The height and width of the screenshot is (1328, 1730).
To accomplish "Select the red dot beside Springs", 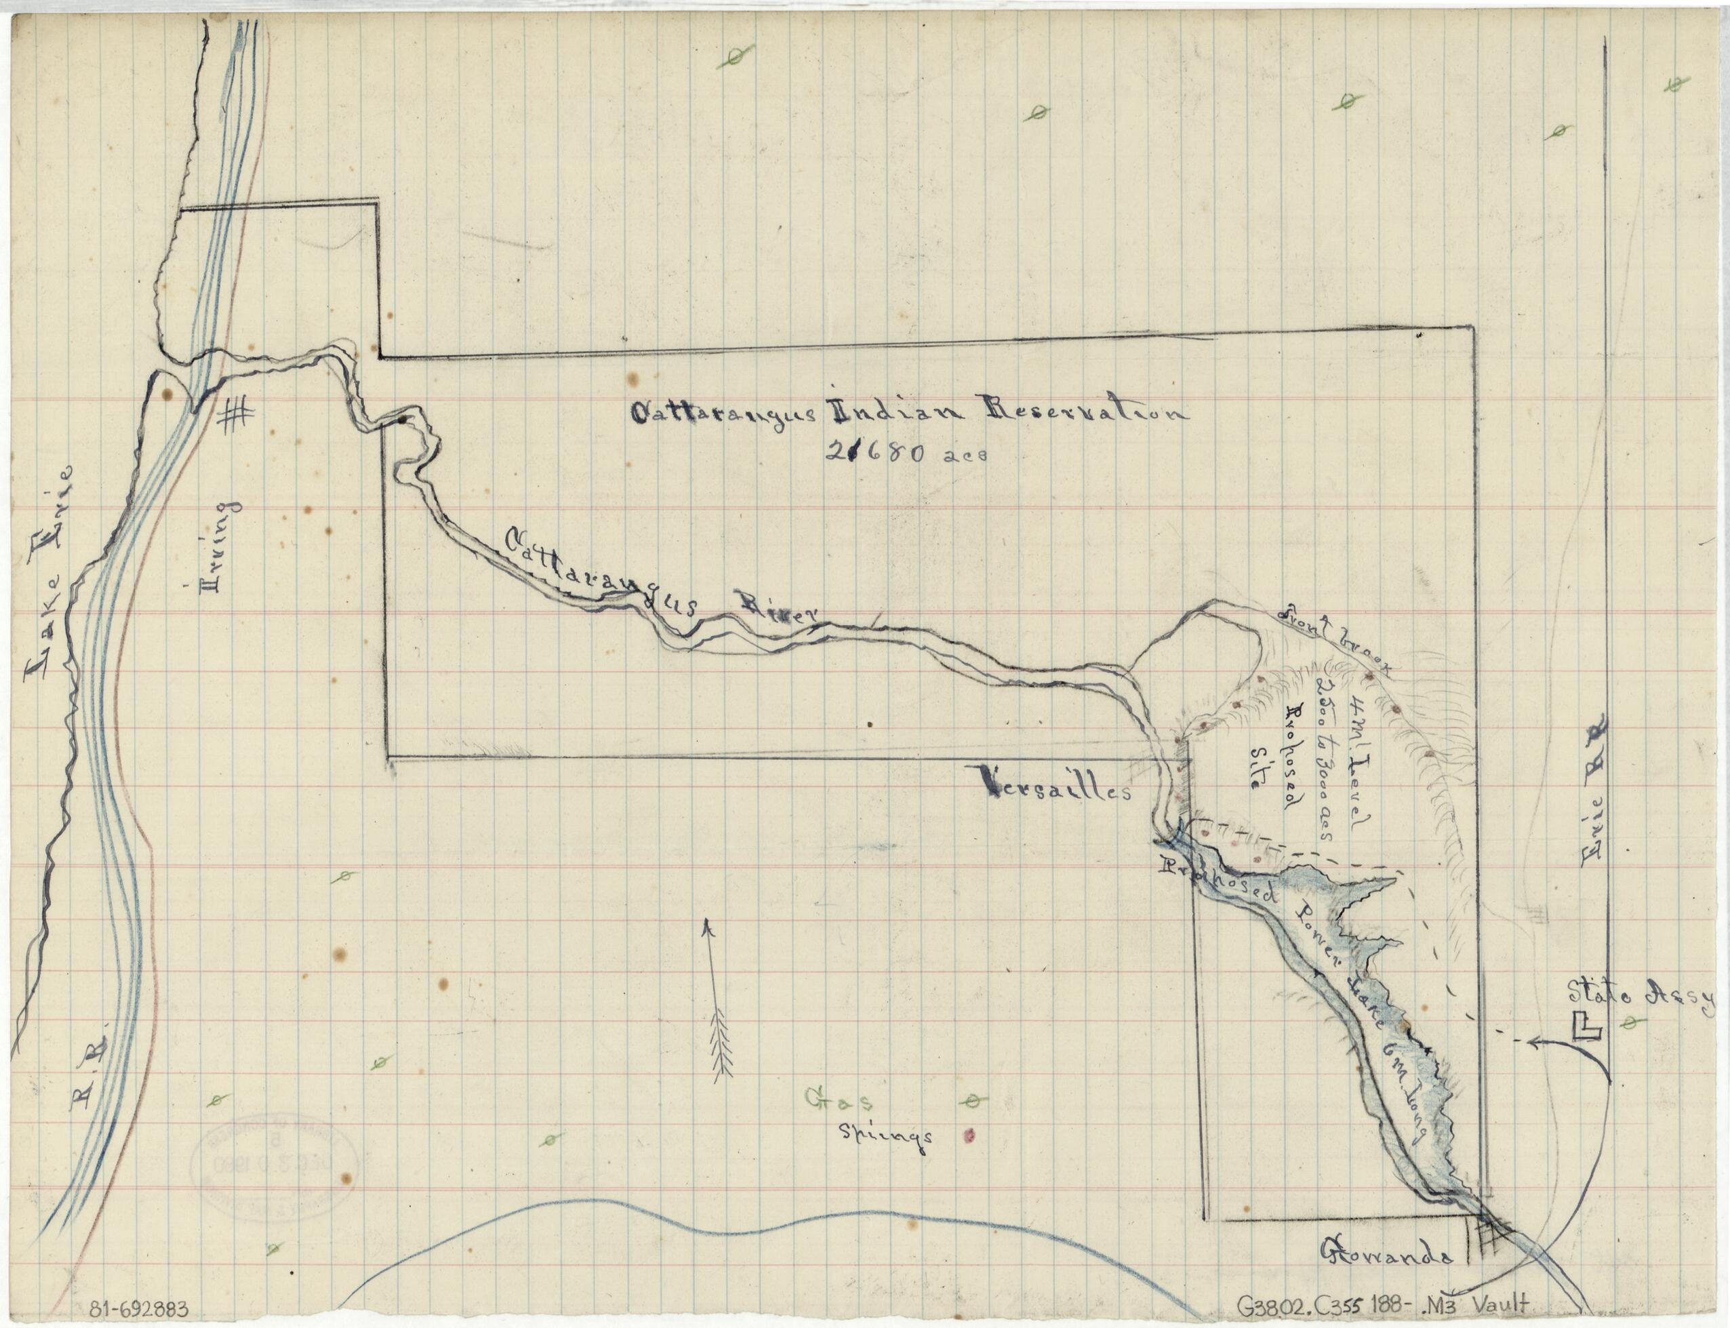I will click(x=967, y=1137).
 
